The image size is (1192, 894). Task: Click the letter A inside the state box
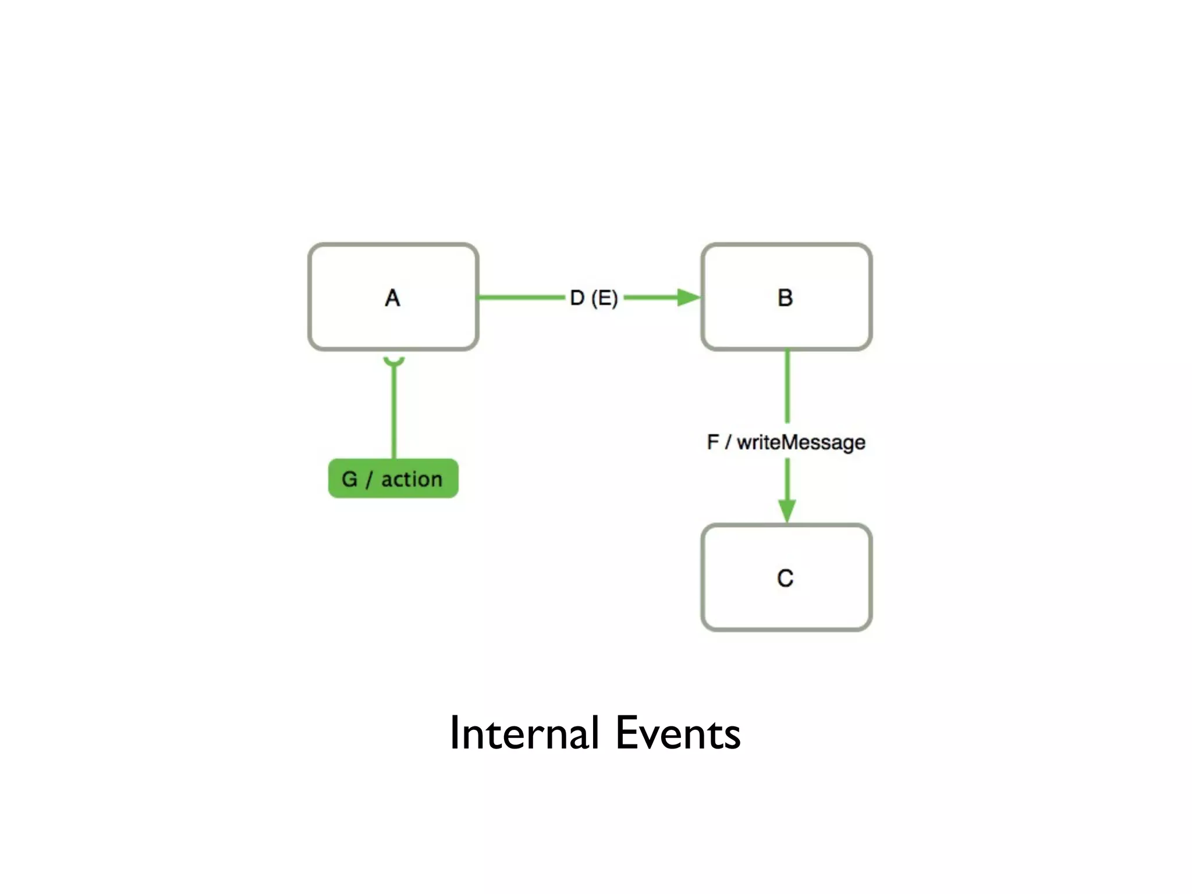392,298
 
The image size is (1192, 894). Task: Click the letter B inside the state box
785,298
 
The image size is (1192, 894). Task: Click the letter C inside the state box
785,578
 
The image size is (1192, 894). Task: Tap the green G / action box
393,478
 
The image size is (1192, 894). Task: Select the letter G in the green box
349,479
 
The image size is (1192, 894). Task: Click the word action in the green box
411,479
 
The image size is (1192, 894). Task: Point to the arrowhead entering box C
787,510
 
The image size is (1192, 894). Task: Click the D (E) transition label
594,298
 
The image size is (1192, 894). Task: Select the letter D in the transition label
577,298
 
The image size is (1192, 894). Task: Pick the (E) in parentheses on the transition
604,298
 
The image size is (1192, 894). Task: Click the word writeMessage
801,442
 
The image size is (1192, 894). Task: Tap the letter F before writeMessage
713,442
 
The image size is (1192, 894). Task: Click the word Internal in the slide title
524,733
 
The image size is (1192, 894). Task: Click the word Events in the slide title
678,733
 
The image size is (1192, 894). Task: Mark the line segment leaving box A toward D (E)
521,297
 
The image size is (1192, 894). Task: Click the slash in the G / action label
369,480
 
